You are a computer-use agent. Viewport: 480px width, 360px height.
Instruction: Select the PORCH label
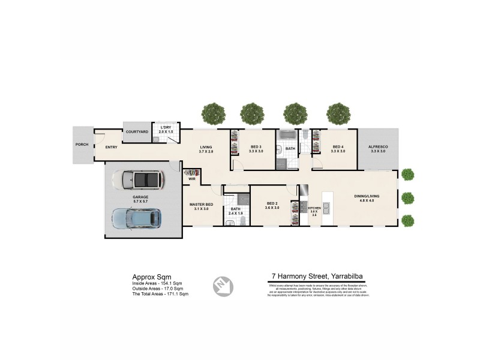point(81,145)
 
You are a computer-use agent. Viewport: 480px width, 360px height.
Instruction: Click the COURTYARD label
point(137,131)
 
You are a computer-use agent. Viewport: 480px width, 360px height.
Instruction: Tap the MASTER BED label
point(201,205)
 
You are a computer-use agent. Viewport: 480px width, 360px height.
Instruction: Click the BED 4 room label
point(338,147)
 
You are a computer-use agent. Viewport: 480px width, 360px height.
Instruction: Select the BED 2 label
point(272,204)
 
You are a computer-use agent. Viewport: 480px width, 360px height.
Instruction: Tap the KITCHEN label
point(314,208)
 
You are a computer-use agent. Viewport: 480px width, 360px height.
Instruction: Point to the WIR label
point(192,179)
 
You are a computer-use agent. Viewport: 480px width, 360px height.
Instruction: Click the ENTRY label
point(111,147)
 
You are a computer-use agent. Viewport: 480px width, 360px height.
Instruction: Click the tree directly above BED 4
point(338,113)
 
